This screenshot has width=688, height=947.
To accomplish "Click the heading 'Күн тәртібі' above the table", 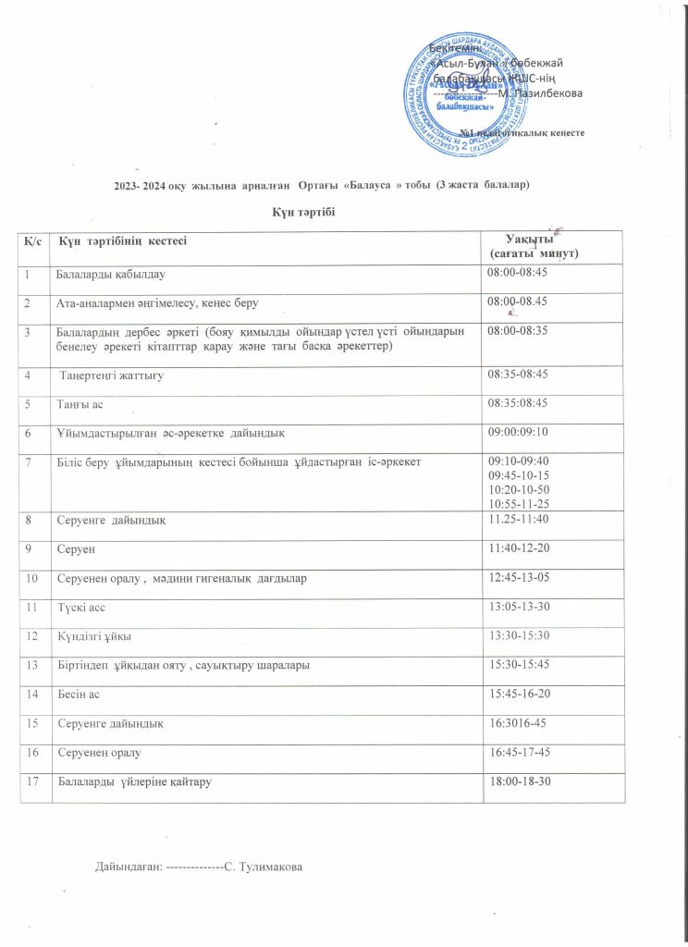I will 301,213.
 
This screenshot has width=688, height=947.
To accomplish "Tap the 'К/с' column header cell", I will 32,241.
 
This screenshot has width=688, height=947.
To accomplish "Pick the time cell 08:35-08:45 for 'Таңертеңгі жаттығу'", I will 518,374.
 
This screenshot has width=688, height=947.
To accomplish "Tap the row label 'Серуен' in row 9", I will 73,549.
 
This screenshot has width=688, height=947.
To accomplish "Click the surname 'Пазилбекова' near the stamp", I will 553,92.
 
